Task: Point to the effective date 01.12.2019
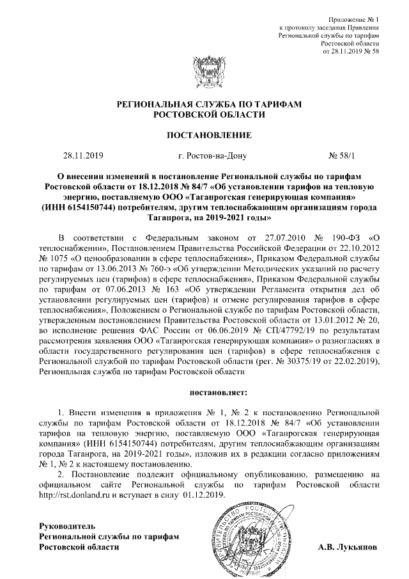point(204,495)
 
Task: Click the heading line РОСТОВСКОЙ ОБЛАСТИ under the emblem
point(204,113)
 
